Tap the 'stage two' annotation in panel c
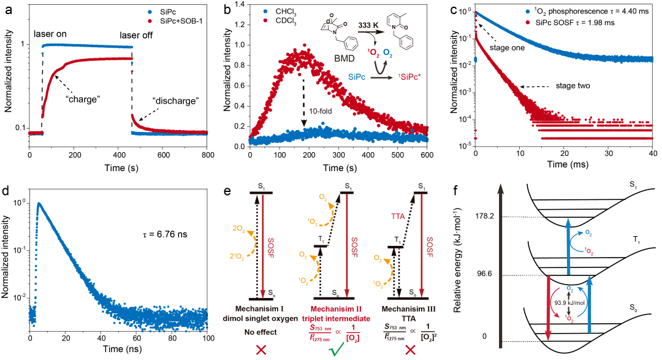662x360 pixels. (572, 86)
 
